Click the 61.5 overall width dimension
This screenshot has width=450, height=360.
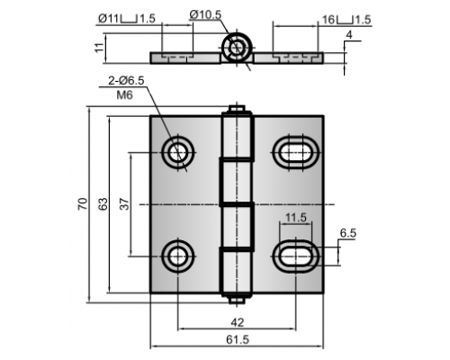click(x=238, y=339)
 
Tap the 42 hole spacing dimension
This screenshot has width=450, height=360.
click(x=238, y=322)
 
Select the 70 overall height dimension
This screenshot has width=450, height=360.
click(x=83, y=204)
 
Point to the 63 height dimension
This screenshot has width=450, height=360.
click(x=103, y=204)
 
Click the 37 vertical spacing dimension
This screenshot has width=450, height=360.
click(x=125, y=204)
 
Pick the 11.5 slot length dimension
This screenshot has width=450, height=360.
click(x=296, y=218)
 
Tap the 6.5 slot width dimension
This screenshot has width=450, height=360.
click(x=348, y=233)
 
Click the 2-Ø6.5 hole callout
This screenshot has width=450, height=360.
click(x=126, y=80)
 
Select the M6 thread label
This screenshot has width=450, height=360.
click(x=124, y=95)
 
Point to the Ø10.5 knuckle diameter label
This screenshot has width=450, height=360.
click(x=205, y=14)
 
